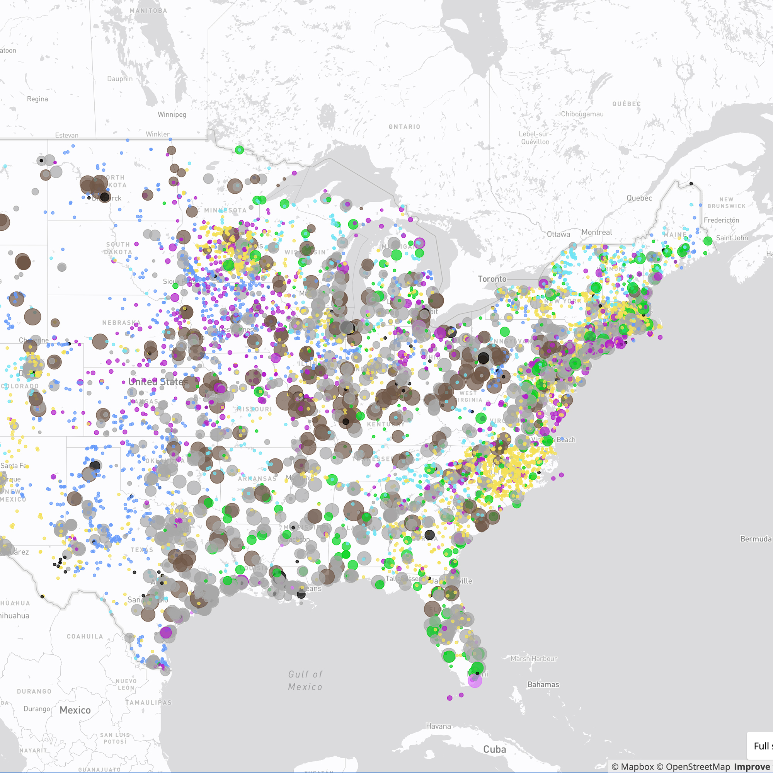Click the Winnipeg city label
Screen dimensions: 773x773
pos(172,114)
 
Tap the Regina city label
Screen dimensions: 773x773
pos(37,99)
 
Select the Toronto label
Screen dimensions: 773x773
pos(492,279)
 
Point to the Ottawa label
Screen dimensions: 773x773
pos(558,234)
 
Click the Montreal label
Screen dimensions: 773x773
pos(596,232)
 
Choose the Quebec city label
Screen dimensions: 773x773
pos(639,198)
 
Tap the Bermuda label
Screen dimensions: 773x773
pos(755,539)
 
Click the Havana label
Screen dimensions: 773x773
pos(438,726)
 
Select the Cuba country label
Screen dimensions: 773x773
pos(495,749)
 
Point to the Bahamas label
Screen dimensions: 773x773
pos(543,684)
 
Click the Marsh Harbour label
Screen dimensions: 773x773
pos(533,659)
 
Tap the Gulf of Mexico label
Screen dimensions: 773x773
pos(305,681)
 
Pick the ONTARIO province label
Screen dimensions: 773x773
pos(404,127)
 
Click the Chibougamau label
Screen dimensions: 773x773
pos(582,114)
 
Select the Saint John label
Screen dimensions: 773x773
pos(732,238)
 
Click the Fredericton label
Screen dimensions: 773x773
pos(721,220)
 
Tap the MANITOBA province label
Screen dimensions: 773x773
pos(148,11)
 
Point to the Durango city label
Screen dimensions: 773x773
pos(37,709)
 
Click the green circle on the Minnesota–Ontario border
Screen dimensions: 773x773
pos(239,150)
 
